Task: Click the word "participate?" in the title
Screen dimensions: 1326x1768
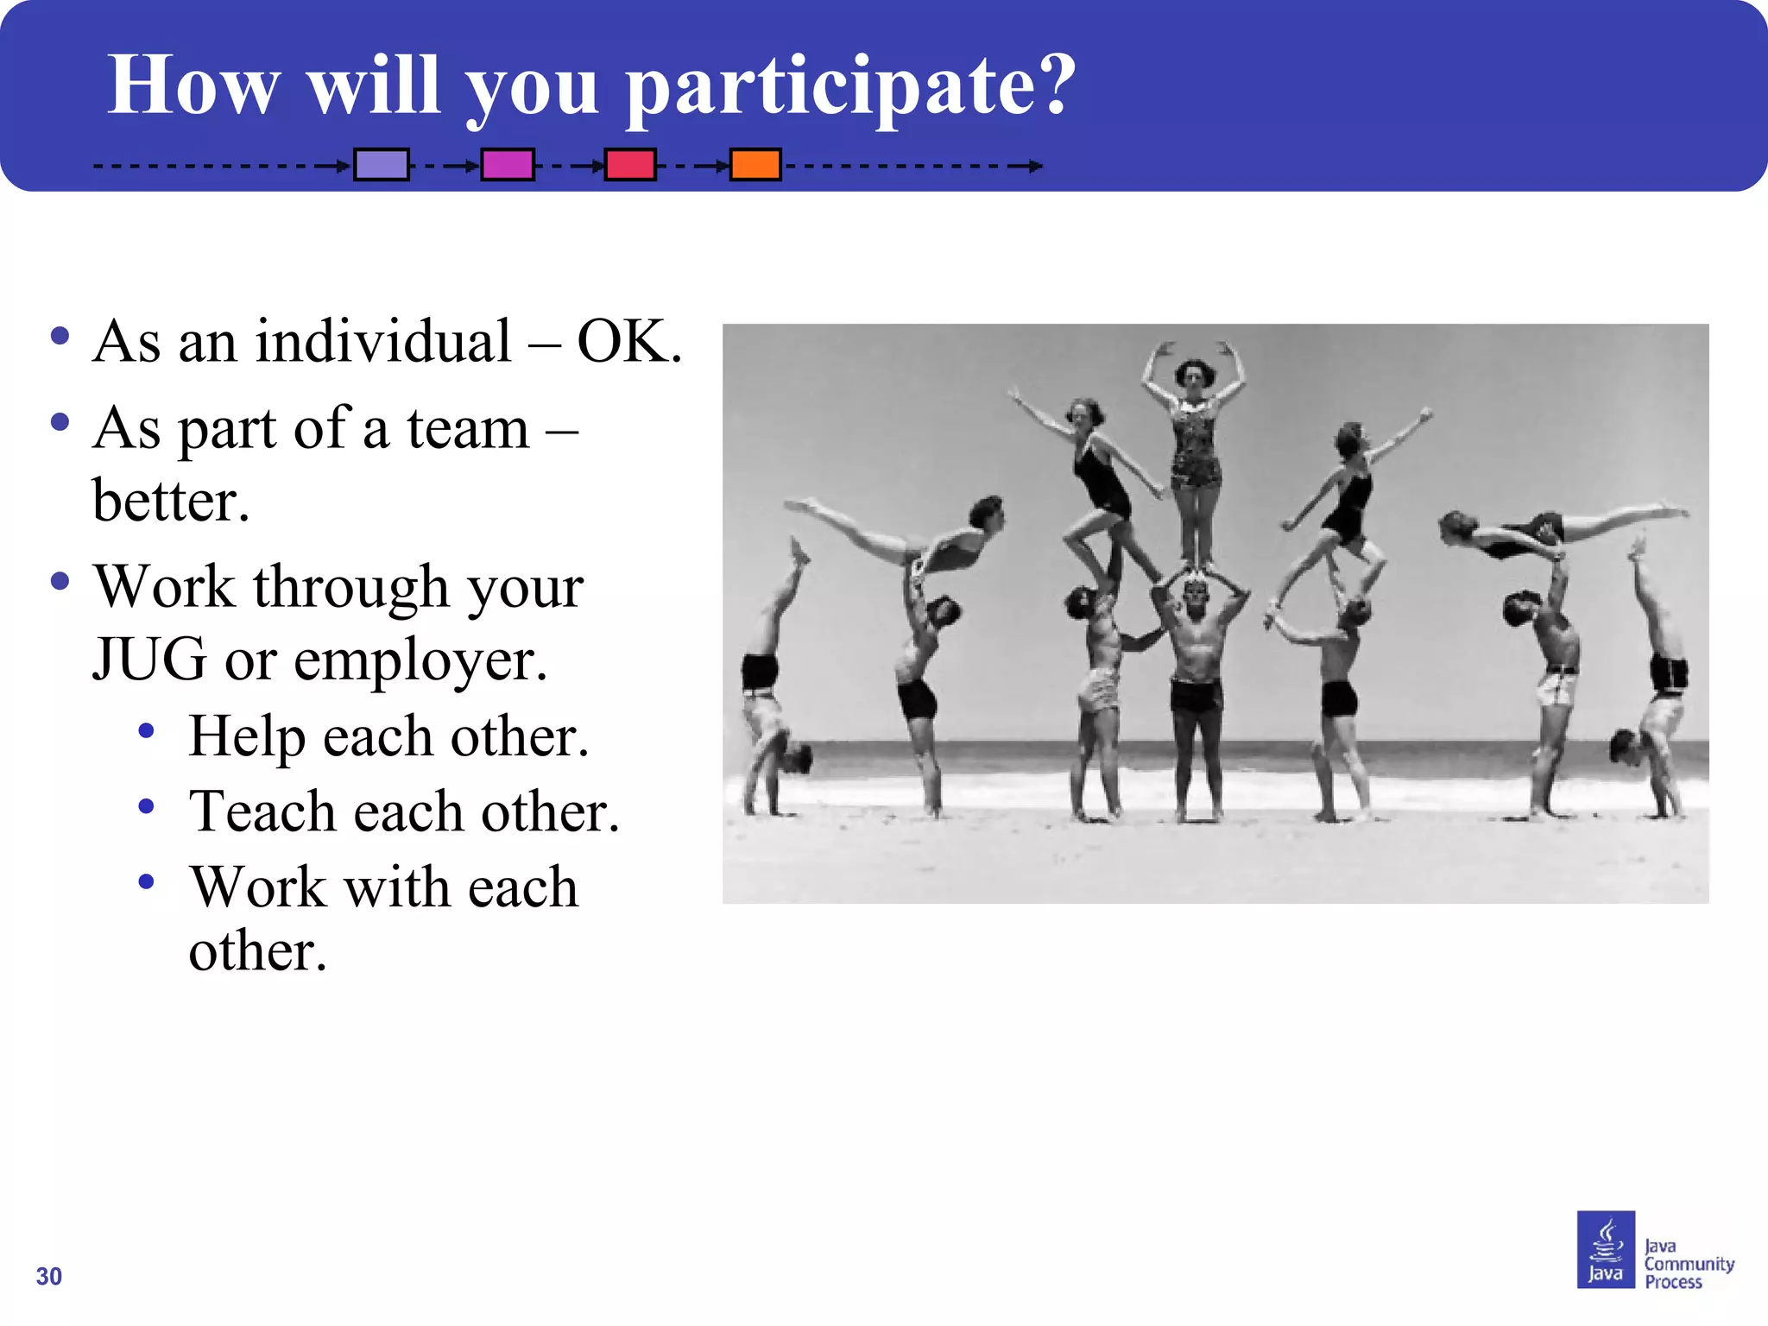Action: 850,86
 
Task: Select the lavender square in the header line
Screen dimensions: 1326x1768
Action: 381,164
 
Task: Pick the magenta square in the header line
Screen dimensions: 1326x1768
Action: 508,164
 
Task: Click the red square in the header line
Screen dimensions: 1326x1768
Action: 630,164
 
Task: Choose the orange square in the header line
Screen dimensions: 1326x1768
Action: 755,164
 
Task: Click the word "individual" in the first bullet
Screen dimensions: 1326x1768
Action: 383,342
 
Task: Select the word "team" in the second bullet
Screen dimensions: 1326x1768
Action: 468,429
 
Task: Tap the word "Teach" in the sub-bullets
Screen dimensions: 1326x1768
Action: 262,811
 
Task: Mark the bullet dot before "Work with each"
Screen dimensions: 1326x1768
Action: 147,881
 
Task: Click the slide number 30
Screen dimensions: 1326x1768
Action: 49,1276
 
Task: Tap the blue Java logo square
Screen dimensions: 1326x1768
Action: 1606,1249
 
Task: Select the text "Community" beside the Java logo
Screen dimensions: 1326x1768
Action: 1689,1264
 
